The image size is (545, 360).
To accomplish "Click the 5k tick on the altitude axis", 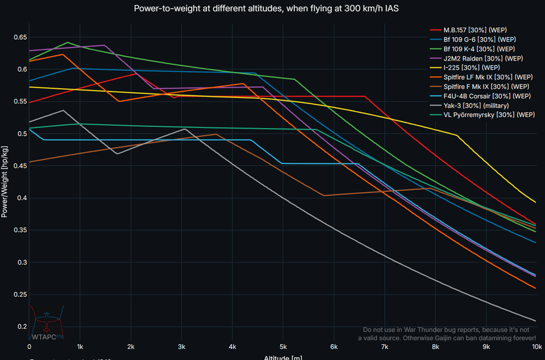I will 283,346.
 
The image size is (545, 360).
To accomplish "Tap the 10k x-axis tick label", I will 536,346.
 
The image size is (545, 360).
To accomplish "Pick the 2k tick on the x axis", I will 131,346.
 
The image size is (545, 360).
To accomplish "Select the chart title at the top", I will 272,9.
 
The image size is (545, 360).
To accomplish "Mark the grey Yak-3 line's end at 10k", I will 536,320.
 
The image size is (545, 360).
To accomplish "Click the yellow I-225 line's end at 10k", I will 536,203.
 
